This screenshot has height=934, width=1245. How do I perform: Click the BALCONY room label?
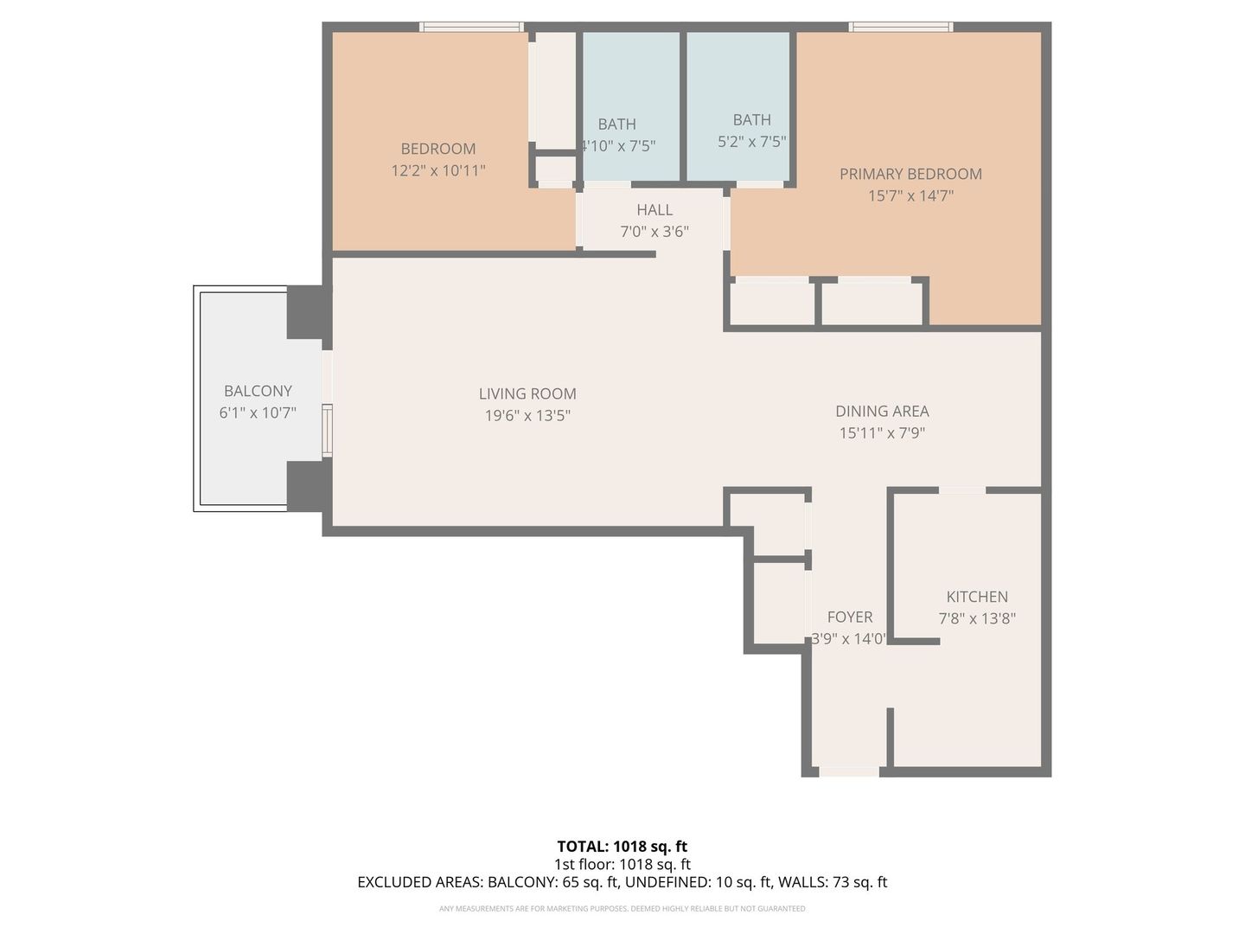point(258,391)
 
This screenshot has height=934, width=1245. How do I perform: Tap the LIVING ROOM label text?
point(527,393)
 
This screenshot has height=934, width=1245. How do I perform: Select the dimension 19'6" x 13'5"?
point(527,416)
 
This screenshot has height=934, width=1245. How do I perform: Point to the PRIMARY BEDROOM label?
point(910,174)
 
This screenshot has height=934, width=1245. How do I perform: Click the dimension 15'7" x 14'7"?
point(910,196)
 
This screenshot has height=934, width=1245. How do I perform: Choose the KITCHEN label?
point(977,597)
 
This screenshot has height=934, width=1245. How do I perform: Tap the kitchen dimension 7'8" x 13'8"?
point(977,619)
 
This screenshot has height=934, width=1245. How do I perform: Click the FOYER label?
point(850,617)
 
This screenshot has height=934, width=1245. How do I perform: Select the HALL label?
point(654,210)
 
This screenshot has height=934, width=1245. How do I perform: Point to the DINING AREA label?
point(882,412)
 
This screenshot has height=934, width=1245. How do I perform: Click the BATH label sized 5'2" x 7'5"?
point(751,120)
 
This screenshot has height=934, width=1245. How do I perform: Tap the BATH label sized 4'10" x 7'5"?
point(616,125)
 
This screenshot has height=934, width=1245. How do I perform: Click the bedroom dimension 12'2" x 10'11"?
point(438,171)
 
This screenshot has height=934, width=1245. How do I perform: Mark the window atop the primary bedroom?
point(901,27)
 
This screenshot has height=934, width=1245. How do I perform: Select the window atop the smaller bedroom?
point(472,27)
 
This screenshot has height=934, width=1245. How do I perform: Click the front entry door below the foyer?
point(849,771)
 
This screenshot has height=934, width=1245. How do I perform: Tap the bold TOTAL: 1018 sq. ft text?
point(622,847)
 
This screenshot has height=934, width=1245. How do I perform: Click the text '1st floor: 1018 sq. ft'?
point(622,864)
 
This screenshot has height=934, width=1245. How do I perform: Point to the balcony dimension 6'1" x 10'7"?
point(258,413)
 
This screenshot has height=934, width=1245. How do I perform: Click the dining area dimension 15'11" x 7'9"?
point(882,433)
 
